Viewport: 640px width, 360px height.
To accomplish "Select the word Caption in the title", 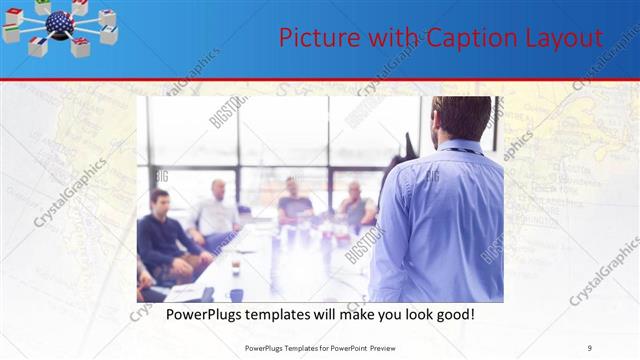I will point(466,38).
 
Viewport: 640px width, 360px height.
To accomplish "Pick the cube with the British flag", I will point(81,45).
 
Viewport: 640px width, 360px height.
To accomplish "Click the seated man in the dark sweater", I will point(161,235).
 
